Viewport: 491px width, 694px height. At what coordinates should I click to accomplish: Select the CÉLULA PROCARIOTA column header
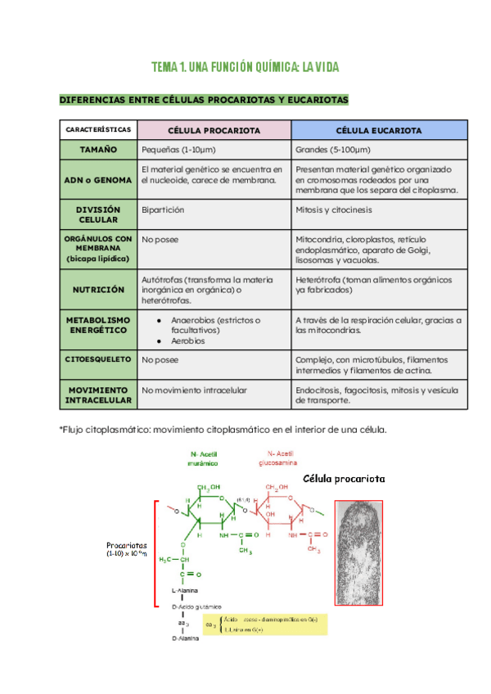(x=214, y=130)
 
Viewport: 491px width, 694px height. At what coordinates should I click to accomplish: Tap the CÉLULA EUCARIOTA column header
(x=380, y=130)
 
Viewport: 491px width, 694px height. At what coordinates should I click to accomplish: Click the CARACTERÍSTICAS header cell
(x=98, y=130)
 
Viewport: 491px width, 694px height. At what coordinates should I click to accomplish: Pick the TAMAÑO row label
(x=98, y=151)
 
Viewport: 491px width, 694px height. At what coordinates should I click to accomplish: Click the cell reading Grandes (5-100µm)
(x=333, y=151)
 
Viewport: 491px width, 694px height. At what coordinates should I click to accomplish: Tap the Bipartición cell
(x=163, y=210)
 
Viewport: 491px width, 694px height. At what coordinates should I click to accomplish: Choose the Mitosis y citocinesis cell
(x=334, y=210)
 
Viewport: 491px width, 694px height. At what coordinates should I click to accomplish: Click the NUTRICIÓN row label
(x=98, y=290)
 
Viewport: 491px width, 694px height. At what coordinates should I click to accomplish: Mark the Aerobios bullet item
(x=188, y=340)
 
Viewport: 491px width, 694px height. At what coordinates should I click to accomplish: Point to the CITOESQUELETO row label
(x=98, y=358)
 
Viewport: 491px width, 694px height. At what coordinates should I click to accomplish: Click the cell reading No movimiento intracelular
(x=194, y=390)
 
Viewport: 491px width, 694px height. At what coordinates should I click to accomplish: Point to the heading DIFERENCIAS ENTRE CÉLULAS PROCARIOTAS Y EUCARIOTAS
(x=204, y=100)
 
